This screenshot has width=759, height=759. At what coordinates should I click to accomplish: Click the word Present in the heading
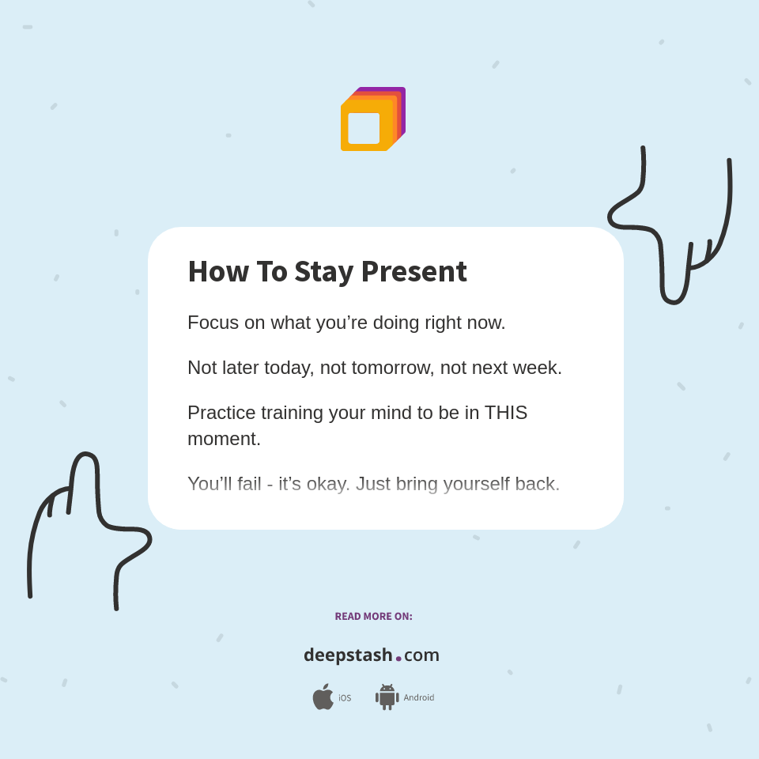coord(413,271)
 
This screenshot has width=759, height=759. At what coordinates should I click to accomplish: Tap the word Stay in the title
coord(324,271)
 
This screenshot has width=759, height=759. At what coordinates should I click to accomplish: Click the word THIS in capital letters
coord(506,413)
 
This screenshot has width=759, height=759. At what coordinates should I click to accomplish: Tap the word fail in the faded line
coord(249,484)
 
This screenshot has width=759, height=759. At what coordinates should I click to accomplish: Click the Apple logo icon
coord(323,697)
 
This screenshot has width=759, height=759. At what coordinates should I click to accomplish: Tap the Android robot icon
coord(387,697)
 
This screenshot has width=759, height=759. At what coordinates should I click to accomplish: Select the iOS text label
coord(345,698)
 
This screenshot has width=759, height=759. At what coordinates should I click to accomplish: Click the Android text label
coord(418,697)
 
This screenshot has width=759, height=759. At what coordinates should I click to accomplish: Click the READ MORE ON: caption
coord(373,617)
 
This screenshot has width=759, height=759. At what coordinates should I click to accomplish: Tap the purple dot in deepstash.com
coord(398,658)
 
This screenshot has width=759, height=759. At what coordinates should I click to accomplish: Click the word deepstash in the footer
coord(348,655)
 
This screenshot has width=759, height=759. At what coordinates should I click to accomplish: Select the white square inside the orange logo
coord(364,128)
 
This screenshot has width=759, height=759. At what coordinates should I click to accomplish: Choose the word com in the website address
coord(421,655)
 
